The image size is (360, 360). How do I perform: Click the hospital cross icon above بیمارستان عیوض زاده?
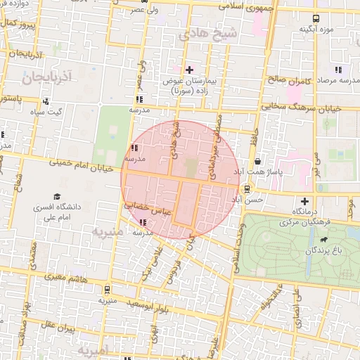[188, 69]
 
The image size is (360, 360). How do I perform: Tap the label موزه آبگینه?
[316, 29]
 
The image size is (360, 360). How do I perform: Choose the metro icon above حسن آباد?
[247, 188]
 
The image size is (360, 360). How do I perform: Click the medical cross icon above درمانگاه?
[304, 201]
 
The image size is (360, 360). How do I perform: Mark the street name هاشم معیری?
[64, 278]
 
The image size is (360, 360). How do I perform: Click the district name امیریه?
[92, 350]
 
